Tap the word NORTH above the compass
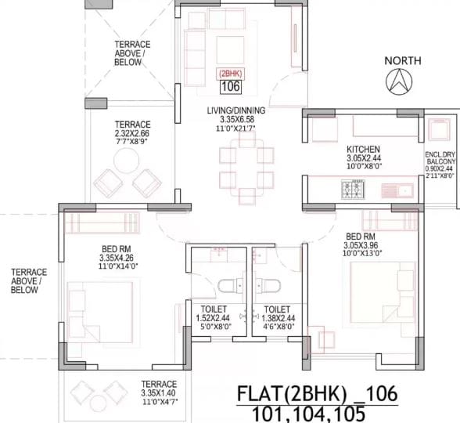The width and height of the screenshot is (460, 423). pos(403,60)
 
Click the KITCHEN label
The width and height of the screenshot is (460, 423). pos(364,149)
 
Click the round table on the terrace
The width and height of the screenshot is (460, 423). pos(125,163)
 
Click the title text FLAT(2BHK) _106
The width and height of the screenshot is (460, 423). pos(318,392)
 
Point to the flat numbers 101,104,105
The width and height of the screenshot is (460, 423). pos(317,413)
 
